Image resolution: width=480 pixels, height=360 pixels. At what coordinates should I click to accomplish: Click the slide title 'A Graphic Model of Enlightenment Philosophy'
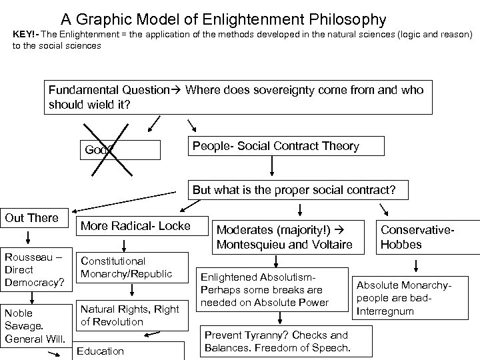tap(223, 19)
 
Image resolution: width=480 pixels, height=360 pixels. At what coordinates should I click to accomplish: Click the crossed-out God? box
tap(120, 150)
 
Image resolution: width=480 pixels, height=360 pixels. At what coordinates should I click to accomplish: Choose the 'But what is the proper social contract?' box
tap(293, 190)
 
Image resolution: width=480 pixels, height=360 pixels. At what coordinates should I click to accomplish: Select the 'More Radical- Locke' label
tap(135, 226)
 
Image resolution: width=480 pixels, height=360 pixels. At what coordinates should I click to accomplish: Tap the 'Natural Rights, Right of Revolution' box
tap(130, 315)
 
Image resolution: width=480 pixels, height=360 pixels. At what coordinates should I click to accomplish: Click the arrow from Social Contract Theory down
tap(272, 167)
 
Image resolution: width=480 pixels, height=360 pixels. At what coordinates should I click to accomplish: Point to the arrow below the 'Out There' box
tap(29, 238)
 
